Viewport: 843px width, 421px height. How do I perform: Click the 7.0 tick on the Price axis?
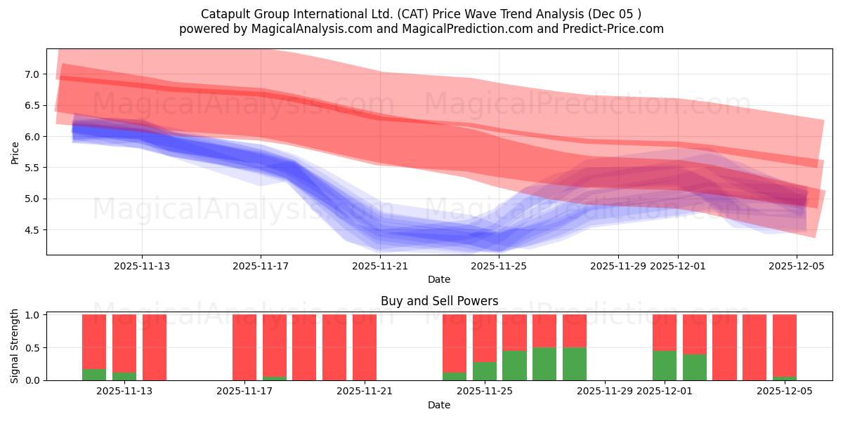tap(32, 74)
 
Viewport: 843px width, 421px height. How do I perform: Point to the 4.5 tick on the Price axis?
tap(32, 230)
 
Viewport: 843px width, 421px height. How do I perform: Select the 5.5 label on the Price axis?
tap(32, 168)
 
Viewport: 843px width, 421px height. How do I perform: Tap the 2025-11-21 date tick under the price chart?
tap(380, 267)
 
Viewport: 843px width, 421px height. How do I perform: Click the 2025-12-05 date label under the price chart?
tap(797, 267)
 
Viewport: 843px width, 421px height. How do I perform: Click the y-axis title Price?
tap(15, 152)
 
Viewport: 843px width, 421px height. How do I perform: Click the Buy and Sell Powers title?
tap(439, 301)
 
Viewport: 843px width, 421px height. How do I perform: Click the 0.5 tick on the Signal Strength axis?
tap(32, 348)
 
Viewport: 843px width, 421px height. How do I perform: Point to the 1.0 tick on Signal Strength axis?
tap(32, 315)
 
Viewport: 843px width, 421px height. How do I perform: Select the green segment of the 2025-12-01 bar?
tap(665, 366)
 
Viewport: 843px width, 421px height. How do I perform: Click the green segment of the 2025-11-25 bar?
tap(485, 371)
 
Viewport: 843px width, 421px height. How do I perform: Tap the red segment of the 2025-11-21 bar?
tap(365, 347)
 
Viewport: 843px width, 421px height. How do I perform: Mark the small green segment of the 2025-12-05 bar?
tap(785, 378)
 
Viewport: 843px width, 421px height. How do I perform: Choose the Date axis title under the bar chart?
tap(439, 405)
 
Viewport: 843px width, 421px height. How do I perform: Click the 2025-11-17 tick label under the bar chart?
tap(244, 392)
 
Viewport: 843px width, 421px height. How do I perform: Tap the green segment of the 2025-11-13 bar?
tap(124, 377)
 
